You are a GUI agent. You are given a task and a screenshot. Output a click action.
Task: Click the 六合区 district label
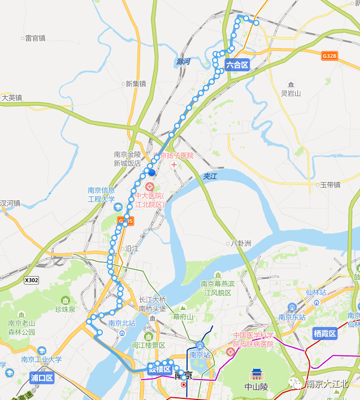coord(237,65)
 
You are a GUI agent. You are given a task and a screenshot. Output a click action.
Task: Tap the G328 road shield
coord(329,56)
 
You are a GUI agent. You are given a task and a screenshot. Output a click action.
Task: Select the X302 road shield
coord(32,280)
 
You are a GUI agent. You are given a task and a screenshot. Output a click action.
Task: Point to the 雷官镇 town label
coord(35,38)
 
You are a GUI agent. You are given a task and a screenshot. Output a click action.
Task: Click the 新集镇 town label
coord(136,84)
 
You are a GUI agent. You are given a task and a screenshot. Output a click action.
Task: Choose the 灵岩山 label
coord(291,93)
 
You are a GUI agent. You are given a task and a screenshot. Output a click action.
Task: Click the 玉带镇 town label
coord(329,184)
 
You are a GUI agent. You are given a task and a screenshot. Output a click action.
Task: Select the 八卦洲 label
coord(241,243)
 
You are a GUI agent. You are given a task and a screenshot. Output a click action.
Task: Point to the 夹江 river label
coord(210,177)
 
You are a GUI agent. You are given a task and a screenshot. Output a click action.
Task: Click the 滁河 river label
coord(183,62)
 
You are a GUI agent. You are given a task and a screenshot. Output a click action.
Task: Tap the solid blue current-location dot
coord(151,173)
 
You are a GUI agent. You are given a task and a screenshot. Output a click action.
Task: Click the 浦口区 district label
coord(42,377)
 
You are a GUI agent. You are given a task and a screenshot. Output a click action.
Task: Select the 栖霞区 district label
coord(325,333)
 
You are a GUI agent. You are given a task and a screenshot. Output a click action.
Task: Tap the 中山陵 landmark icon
coord(257,375)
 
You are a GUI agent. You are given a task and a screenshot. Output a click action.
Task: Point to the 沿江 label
coord(132,248)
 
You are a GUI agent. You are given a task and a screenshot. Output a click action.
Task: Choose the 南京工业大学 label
coord(42,359)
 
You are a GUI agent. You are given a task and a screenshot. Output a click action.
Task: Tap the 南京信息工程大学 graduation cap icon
coord(118,207)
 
